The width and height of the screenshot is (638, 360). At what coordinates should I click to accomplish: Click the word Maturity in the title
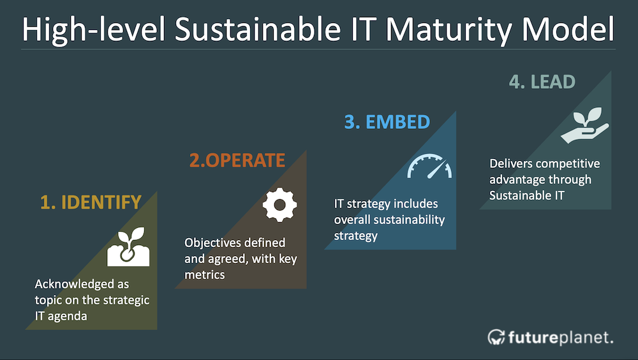[449, 30]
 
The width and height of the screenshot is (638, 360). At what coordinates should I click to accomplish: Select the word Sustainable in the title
[258, 29]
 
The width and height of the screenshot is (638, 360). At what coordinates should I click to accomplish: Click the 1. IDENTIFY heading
[91, 202]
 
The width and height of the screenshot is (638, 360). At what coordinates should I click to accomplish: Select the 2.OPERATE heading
[237, 160]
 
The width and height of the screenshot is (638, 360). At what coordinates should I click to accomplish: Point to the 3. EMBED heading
[387, 122]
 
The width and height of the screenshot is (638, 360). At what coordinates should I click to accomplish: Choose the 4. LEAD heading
[542, 82]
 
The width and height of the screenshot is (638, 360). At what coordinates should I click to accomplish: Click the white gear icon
[279, 205]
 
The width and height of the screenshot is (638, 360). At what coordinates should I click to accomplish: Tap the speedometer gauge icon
[429, 166]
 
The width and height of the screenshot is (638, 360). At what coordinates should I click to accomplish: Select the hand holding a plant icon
[584, 125]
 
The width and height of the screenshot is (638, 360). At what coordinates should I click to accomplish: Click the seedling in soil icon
[128, 247]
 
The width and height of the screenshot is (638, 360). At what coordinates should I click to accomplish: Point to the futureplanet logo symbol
[496, 337]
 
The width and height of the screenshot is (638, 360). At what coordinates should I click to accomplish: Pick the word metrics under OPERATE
[205, 275]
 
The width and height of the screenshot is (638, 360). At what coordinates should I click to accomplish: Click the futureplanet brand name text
[561, 338]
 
